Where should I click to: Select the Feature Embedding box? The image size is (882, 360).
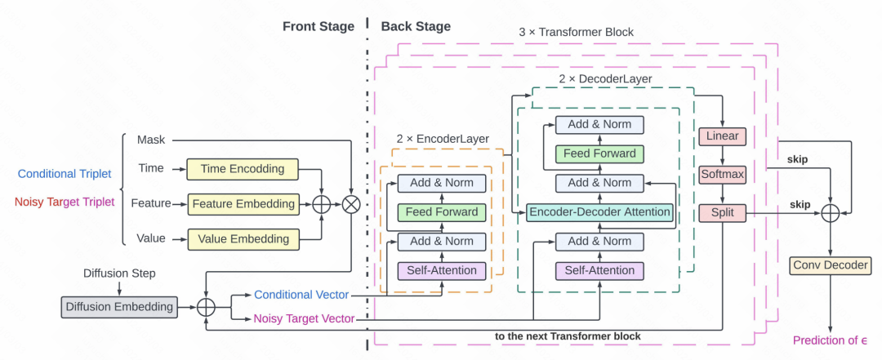[x=243, y=203]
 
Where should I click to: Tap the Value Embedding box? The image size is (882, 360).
[x=243, y=238]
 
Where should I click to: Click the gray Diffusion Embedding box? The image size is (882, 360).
[x=118, y=307]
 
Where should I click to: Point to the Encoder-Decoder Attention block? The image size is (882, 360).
[x=599, y=212]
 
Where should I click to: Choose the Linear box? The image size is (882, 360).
[x=721, y=137]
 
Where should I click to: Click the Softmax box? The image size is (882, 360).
[x=721, y=175]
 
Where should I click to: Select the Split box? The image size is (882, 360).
[x=721, y=212]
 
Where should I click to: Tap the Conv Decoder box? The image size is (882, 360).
[x=830, y=264]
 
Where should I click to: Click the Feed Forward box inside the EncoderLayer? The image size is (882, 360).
[x=442, y=212]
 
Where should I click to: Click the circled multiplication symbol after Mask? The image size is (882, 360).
[x=351, y=204]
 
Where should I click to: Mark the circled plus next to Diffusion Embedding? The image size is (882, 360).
[x=205, y=307]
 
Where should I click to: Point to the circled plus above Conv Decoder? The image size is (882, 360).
[x=830, y=212]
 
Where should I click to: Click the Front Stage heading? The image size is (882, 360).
[x=318, y=26]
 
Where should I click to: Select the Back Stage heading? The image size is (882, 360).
[x=416, y=26]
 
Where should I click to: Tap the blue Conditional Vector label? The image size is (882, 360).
[x=301, y=295]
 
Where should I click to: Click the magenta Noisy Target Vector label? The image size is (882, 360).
[x=304, y=319]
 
